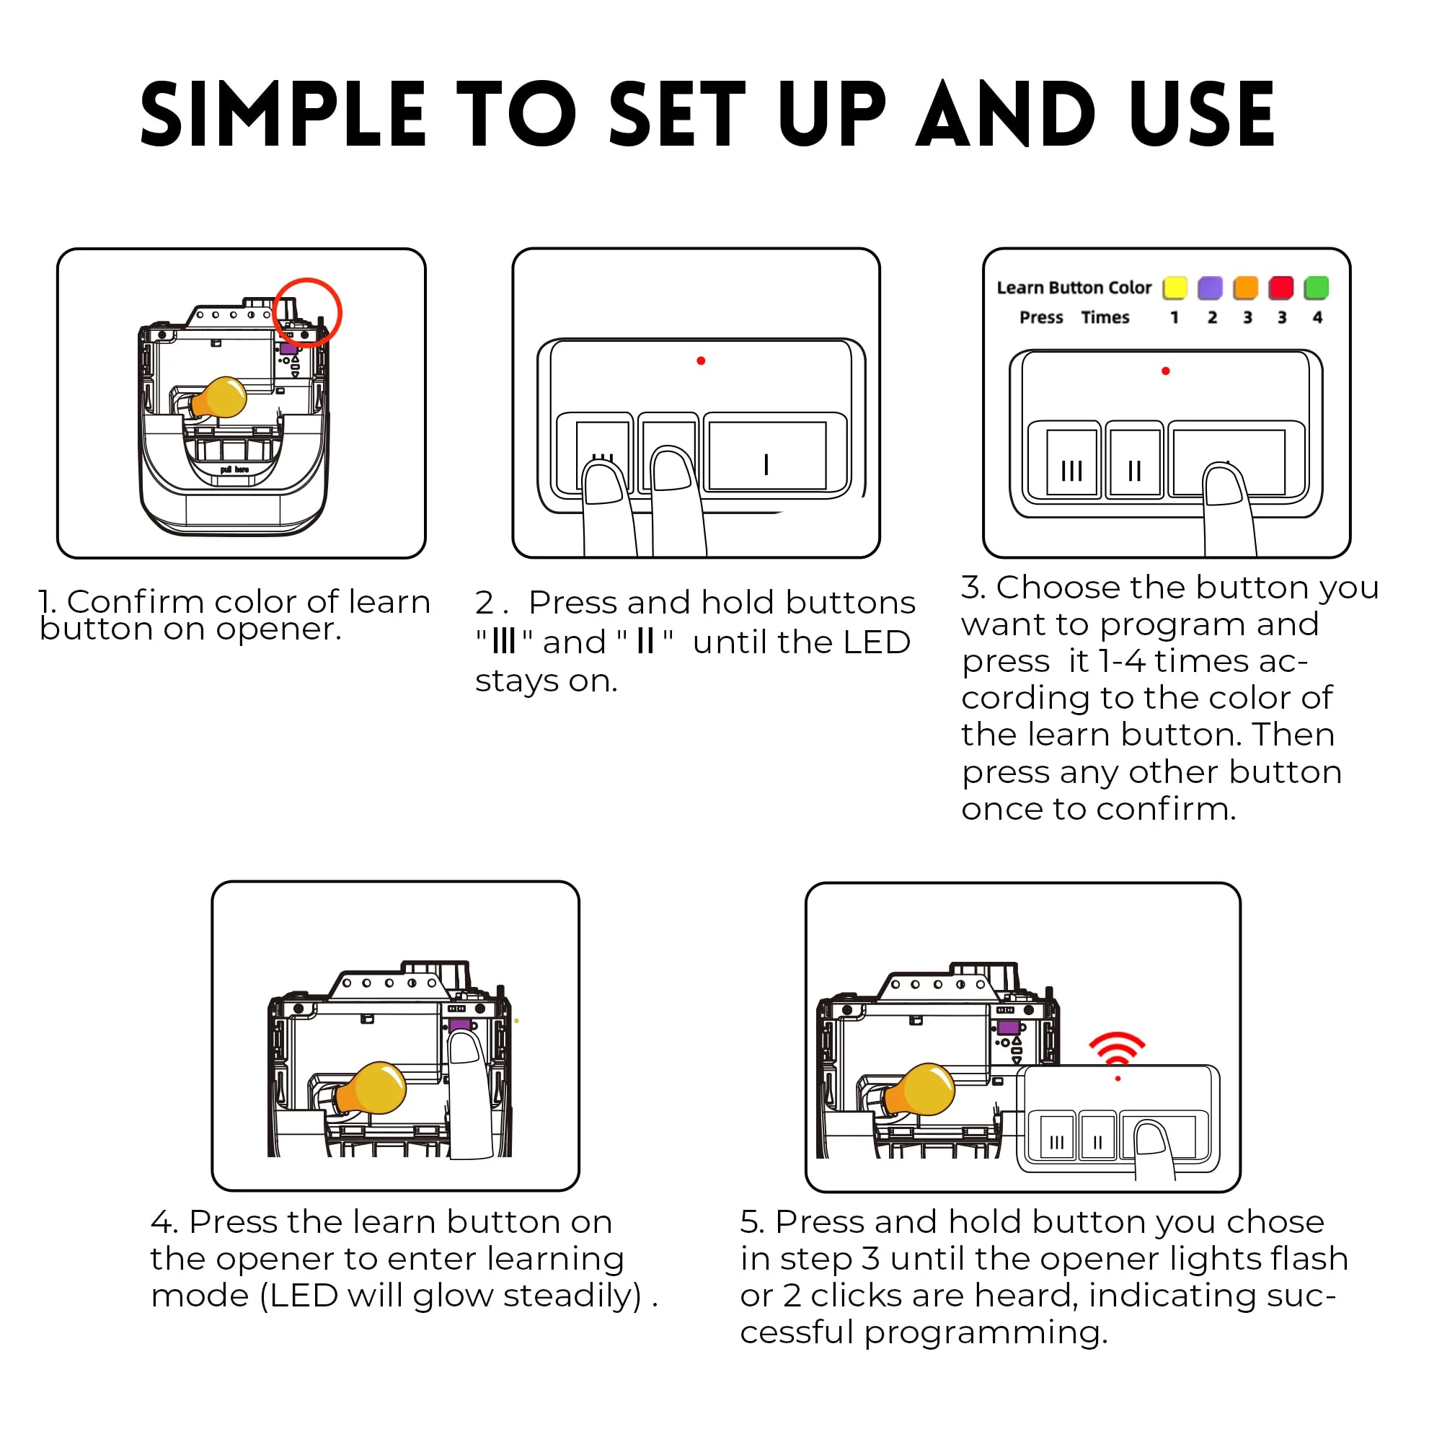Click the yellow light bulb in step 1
click(x=218, y=398)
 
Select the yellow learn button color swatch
click(x=1175, y=288)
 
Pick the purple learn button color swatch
click(x=1210, y=288)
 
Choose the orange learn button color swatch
click(x=1246, y=288)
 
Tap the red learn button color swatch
click(x=1280, y=288)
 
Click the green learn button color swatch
click(x=1317, y=288)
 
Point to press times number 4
click(x=1317, y=317)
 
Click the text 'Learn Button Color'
click(x=1074, y=288)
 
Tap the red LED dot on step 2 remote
click(x=701, y=361)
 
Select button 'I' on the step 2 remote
click(x=767, y=455)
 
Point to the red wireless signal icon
click(x=1117, y=1047)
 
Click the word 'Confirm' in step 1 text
click(x=135, y=601)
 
